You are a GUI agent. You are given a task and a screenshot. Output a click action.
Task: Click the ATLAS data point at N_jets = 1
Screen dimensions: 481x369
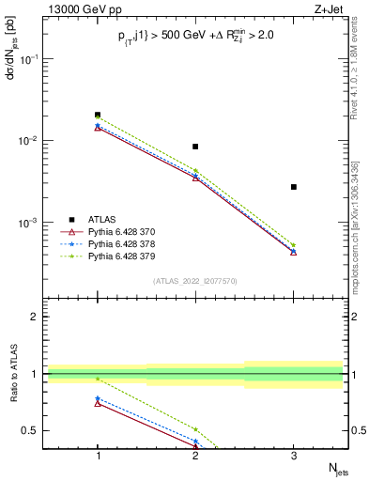tap(98, 115)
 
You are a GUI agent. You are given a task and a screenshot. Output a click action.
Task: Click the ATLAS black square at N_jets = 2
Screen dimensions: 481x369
tap(195, 147)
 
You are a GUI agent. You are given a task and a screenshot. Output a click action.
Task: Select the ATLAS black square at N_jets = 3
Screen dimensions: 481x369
tap(294, 187)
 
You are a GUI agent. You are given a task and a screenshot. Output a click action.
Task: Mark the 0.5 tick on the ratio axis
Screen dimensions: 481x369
tap(37, 430)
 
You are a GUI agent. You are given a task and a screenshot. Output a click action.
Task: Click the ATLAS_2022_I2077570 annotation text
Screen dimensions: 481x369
tap(195, 280)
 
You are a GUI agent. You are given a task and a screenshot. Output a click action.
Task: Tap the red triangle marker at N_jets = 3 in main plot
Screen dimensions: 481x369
tap(294, 252)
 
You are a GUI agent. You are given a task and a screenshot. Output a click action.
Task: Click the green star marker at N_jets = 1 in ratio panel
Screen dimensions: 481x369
tap(98, 379)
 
